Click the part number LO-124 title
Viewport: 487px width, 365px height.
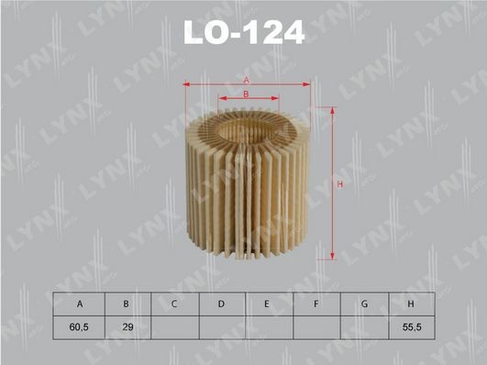tap(243, 33)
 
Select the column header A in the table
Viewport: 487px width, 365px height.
tap(80, 304)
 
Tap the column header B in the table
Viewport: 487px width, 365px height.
tap(127, 304)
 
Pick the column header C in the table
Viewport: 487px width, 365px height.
tap(174, 304)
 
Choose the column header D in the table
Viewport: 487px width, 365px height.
tap(222, 304)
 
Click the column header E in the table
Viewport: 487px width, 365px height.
tap(269, 304)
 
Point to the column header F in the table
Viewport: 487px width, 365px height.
tap(316, 304)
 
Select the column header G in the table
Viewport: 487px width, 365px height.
tap(364, 304)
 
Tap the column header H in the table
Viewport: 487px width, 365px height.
tap(411, 304)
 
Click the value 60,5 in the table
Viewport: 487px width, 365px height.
tap(80, 326)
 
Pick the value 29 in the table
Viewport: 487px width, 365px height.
tap(127, 326)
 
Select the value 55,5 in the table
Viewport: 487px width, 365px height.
tap(411, 326)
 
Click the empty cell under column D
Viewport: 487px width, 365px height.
tap(222, 326)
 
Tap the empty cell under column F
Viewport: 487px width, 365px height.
tap(316, 326)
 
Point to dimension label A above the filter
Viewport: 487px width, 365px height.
tap(247, 81)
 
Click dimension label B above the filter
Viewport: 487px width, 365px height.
tap(247, 94)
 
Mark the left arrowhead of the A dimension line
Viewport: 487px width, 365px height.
tap(187, 84)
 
